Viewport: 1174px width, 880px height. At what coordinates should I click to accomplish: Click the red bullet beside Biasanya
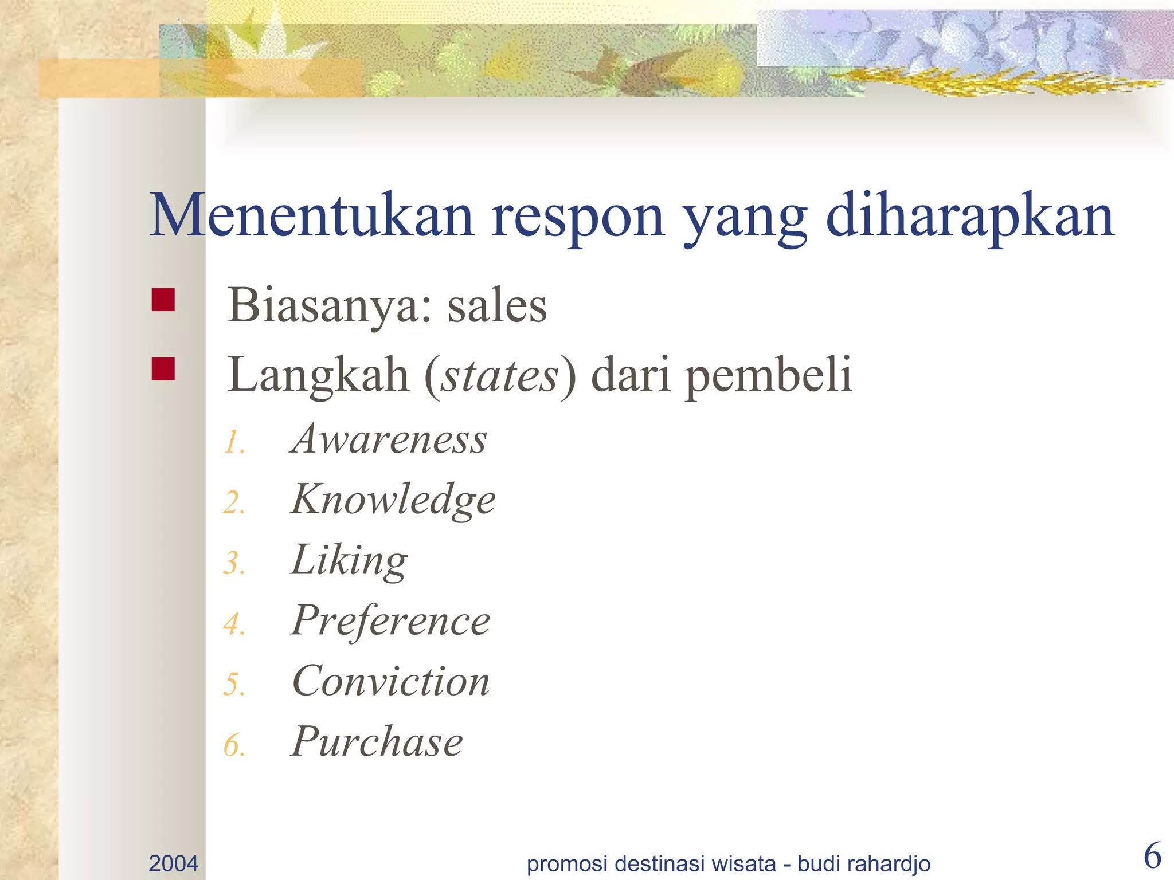[163, 300]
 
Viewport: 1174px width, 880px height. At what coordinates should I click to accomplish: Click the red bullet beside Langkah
[163, 369]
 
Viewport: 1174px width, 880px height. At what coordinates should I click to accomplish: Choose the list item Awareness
[389, 439]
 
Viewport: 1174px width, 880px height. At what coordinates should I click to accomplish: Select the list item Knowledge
[393, 500]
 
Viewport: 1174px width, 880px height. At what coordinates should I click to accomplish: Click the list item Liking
[350, 561]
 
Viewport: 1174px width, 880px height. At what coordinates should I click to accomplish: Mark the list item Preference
[390, 622]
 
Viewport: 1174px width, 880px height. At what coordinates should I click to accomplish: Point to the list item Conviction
[391, 682]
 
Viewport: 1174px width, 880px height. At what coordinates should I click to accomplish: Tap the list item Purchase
[377, 742]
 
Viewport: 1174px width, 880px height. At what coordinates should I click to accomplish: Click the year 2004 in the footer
[173, 863]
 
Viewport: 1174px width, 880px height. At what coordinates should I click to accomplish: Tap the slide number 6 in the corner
[1152, 857]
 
